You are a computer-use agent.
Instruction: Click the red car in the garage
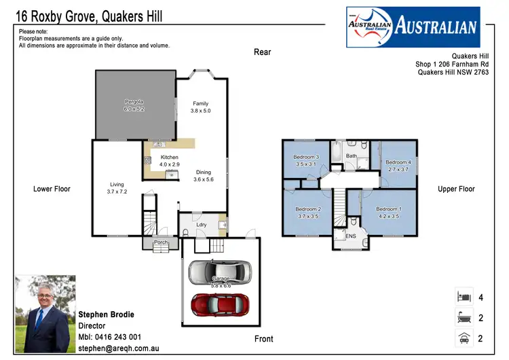point(219,304)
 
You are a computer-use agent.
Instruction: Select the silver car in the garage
point(219,272)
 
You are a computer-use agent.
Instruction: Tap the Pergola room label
point(134,103)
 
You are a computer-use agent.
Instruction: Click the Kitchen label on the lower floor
point(169,158)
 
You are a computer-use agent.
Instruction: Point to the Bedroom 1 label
point(389,209)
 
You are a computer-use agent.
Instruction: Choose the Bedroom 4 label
point(398,162)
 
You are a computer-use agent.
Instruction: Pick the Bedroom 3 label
point(306,157)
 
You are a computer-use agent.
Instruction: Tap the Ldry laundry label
point(201,225)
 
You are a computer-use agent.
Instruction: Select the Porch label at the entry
point(161,242)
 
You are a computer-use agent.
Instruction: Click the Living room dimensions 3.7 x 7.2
point(117,192)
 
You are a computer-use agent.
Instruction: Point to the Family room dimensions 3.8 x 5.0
point(200,111)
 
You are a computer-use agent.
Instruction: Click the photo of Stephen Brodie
point(44,314)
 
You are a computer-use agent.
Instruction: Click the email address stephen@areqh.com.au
point(119,348)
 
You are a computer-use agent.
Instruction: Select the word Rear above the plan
point(262,52)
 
